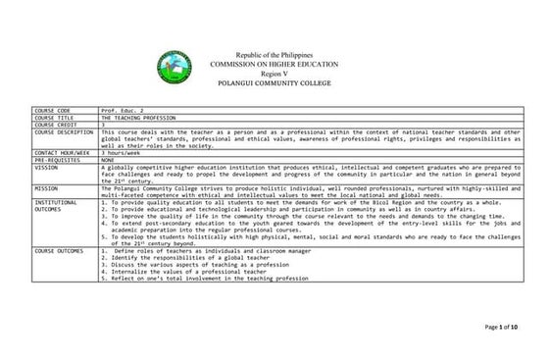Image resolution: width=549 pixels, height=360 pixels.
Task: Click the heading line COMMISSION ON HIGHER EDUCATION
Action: coord(274,64)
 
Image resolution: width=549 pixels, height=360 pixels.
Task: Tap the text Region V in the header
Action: coord(274,74)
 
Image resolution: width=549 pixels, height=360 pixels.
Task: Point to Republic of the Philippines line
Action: coord(274,54)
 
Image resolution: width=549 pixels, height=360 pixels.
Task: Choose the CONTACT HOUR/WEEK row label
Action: coord(62,153)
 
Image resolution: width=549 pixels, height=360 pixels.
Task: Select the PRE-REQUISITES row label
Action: coord(57,160)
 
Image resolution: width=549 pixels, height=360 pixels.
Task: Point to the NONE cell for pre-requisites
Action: coord(109,160)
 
